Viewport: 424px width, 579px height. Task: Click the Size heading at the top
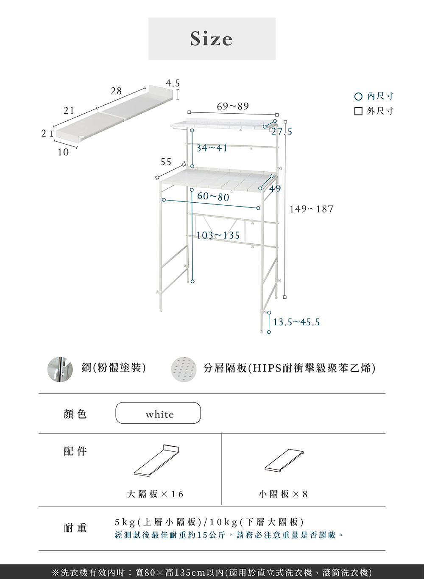(212, 39)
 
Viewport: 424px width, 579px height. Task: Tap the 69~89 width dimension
(233, 106)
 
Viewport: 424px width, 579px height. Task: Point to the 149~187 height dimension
(312, 209)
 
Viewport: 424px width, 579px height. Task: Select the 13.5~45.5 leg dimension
(296, 322)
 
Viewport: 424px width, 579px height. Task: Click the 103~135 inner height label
(218, 235)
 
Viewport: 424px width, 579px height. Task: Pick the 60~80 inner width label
(213, 197)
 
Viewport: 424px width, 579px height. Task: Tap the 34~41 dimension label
(212, 148)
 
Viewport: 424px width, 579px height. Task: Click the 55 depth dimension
(166, 162)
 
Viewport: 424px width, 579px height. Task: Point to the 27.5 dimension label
(282, 132)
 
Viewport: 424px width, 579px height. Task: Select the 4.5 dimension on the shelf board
(173, 83)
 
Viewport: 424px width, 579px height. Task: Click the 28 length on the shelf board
(116, 91)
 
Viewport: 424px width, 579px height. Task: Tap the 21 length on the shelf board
(69, 111)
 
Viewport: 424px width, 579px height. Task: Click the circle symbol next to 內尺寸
(358, 97)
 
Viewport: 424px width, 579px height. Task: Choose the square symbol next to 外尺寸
(358, 111)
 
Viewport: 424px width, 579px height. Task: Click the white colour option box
(158, 413)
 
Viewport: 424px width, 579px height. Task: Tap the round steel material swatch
(57, 369)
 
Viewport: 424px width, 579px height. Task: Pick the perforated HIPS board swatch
(184, 369)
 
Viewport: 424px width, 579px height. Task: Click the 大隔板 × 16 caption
(155, 494)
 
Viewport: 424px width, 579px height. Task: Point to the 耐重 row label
(75, 528)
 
